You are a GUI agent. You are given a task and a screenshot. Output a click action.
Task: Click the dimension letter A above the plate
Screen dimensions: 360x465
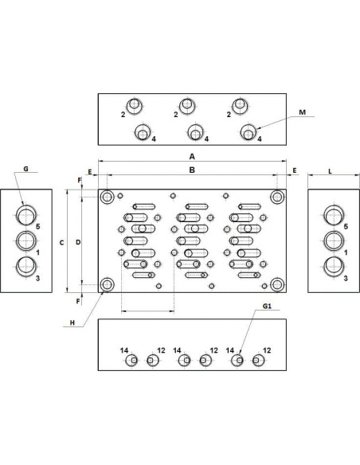[192, 156]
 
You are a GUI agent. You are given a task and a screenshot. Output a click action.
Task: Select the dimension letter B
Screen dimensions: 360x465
[192, 170]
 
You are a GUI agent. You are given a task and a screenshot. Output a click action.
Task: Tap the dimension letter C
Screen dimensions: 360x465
[61, 243]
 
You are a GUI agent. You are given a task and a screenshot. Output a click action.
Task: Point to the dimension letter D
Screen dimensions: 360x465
[78, 242]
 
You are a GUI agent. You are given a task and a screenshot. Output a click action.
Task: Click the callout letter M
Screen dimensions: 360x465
[302, 112]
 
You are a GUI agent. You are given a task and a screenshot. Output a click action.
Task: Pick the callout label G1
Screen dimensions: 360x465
[267, 306]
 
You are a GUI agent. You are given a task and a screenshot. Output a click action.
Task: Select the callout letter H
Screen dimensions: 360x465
[72, 323]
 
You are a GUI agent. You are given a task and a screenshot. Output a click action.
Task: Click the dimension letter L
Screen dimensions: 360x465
[330, 171]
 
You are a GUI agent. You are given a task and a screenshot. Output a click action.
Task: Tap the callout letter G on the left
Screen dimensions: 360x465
[25, 169]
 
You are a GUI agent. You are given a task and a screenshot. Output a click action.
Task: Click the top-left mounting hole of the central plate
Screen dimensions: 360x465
[107, 197]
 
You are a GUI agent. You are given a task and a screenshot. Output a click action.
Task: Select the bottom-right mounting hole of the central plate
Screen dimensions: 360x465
[277, 285]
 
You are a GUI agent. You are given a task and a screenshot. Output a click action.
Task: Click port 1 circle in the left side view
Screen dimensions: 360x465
[26, 241]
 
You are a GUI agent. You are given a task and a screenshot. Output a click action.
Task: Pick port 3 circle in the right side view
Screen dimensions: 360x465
[334, 267]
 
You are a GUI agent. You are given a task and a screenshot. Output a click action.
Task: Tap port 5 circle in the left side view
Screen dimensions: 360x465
[26, 215]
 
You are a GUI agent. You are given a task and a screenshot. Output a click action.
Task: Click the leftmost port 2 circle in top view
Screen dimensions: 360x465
[135, 106]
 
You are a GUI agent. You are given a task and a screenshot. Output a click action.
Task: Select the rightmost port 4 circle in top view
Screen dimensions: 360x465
[248, 132]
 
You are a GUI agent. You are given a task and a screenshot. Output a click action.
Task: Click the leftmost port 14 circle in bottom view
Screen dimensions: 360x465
[131, 361]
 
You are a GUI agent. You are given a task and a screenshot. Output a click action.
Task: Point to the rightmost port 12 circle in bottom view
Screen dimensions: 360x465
[258, 361]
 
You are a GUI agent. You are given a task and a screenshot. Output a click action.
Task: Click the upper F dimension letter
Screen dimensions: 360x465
[79, 180]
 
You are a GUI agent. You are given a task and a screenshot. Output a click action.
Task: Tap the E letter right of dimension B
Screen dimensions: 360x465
[295, 170]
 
